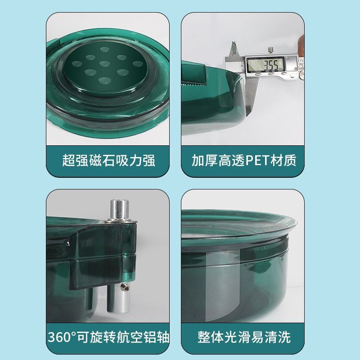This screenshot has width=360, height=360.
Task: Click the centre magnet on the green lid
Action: [105, 64]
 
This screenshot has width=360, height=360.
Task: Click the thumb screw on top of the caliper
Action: [271, 50]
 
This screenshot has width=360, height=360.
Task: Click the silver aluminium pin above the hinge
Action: [119, 211]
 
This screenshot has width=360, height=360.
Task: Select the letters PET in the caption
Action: [258, 161]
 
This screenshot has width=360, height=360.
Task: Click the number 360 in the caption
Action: [59, 337]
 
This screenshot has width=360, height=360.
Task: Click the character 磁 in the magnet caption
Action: [95, 160]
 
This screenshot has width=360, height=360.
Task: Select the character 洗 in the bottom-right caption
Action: [284, 337]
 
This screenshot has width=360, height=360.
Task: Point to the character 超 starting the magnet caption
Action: [69, 160]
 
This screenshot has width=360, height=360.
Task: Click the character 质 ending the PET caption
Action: [290, 160]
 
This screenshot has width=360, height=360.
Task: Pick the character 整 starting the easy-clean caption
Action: [204, 337]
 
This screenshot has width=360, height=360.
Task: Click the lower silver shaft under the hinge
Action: [118, 298]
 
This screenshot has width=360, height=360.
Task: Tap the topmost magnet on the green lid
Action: [105, 49]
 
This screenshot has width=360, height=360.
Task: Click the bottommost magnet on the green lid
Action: [105, 81]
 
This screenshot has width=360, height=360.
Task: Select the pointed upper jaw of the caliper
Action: [234, 49]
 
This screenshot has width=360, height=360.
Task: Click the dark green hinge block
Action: [103, 255]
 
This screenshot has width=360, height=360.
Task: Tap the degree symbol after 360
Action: [73, 334]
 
